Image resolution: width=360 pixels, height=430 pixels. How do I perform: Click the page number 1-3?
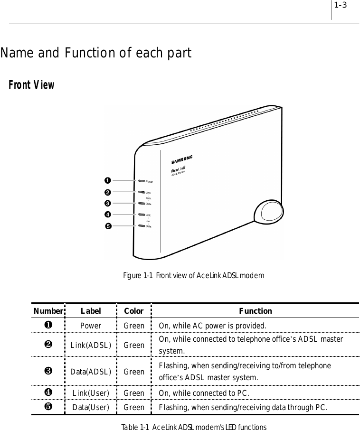click(340, 6)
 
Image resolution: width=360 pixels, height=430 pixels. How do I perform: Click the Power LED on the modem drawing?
click(141, 181)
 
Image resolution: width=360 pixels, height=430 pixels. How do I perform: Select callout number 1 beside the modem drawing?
click(109, 180)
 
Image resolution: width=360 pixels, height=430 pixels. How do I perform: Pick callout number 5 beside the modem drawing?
click(109, 226)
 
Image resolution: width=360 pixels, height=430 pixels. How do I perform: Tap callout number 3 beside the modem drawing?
click(109, 203)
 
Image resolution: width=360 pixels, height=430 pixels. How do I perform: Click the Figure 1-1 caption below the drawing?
click(194, 276)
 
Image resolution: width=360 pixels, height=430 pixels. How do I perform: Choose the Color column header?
click(133, 311)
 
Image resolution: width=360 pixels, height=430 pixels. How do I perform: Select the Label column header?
click(90, 311)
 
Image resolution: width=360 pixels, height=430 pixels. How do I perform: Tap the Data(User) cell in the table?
click(90, 407)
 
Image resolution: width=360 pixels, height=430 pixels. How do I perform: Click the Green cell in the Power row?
click(134, 326)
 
